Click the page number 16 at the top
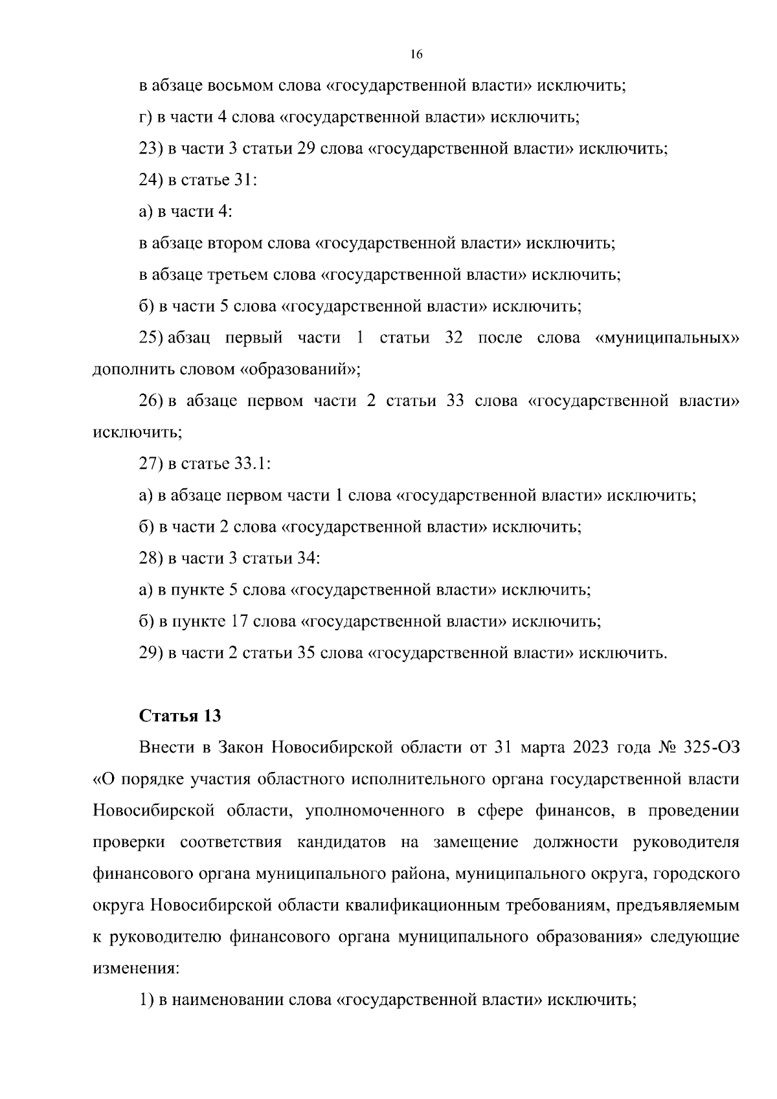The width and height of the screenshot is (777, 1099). coord(416,55)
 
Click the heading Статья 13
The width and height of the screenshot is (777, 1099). coord(180,716)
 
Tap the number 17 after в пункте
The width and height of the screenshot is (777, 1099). coord(238,622)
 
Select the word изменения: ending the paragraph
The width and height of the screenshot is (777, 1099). coord(135,969)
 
